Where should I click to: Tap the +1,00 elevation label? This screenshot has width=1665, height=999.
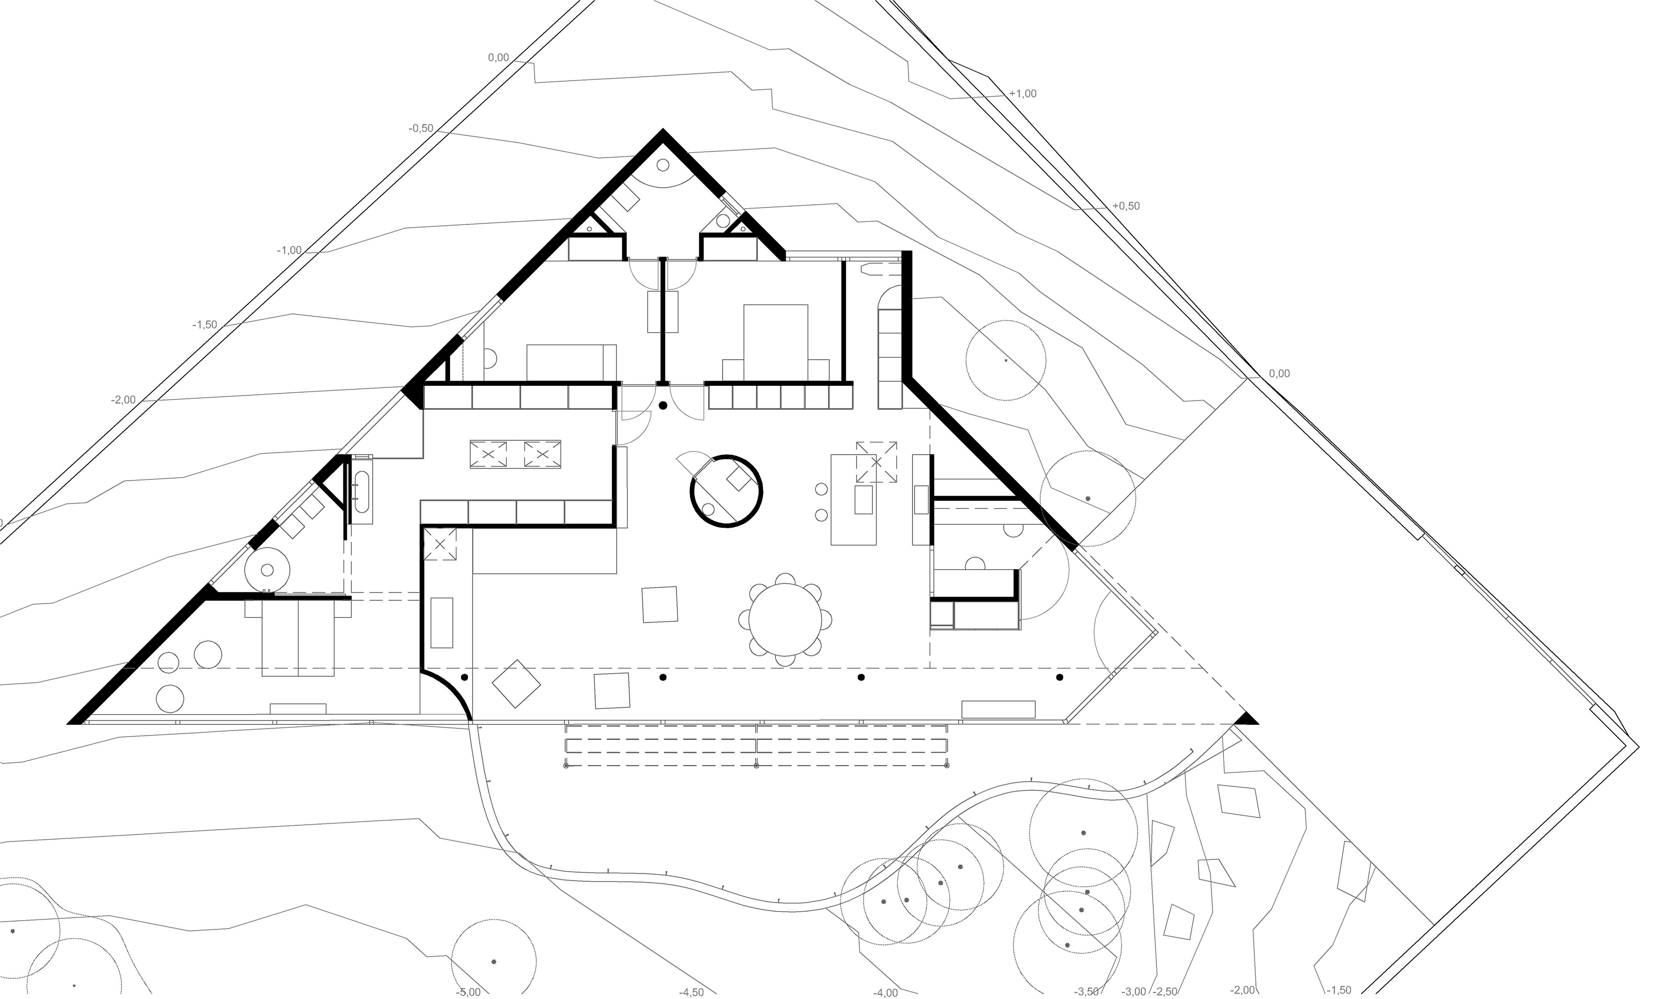point(1022,94)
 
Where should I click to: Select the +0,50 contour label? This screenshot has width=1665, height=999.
point(1126,206)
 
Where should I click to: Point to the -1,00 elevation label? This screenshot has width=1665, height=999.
point(289,251)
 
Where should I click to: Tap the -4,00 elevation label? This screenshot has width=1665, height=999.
point(886,992)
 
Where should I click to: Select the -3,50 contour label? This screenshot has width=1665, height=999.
point(1087,992)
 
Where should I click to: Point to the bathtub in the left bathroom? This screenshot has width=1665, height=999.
point(362,488)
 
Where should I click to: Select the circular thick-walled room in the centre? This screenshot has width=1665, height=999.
point(726,491)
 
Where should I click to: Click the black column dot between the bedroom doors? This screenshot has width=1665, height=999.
point(663,406)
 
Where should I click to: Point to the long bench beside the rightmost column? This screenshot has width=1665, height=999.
point(998,709)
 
